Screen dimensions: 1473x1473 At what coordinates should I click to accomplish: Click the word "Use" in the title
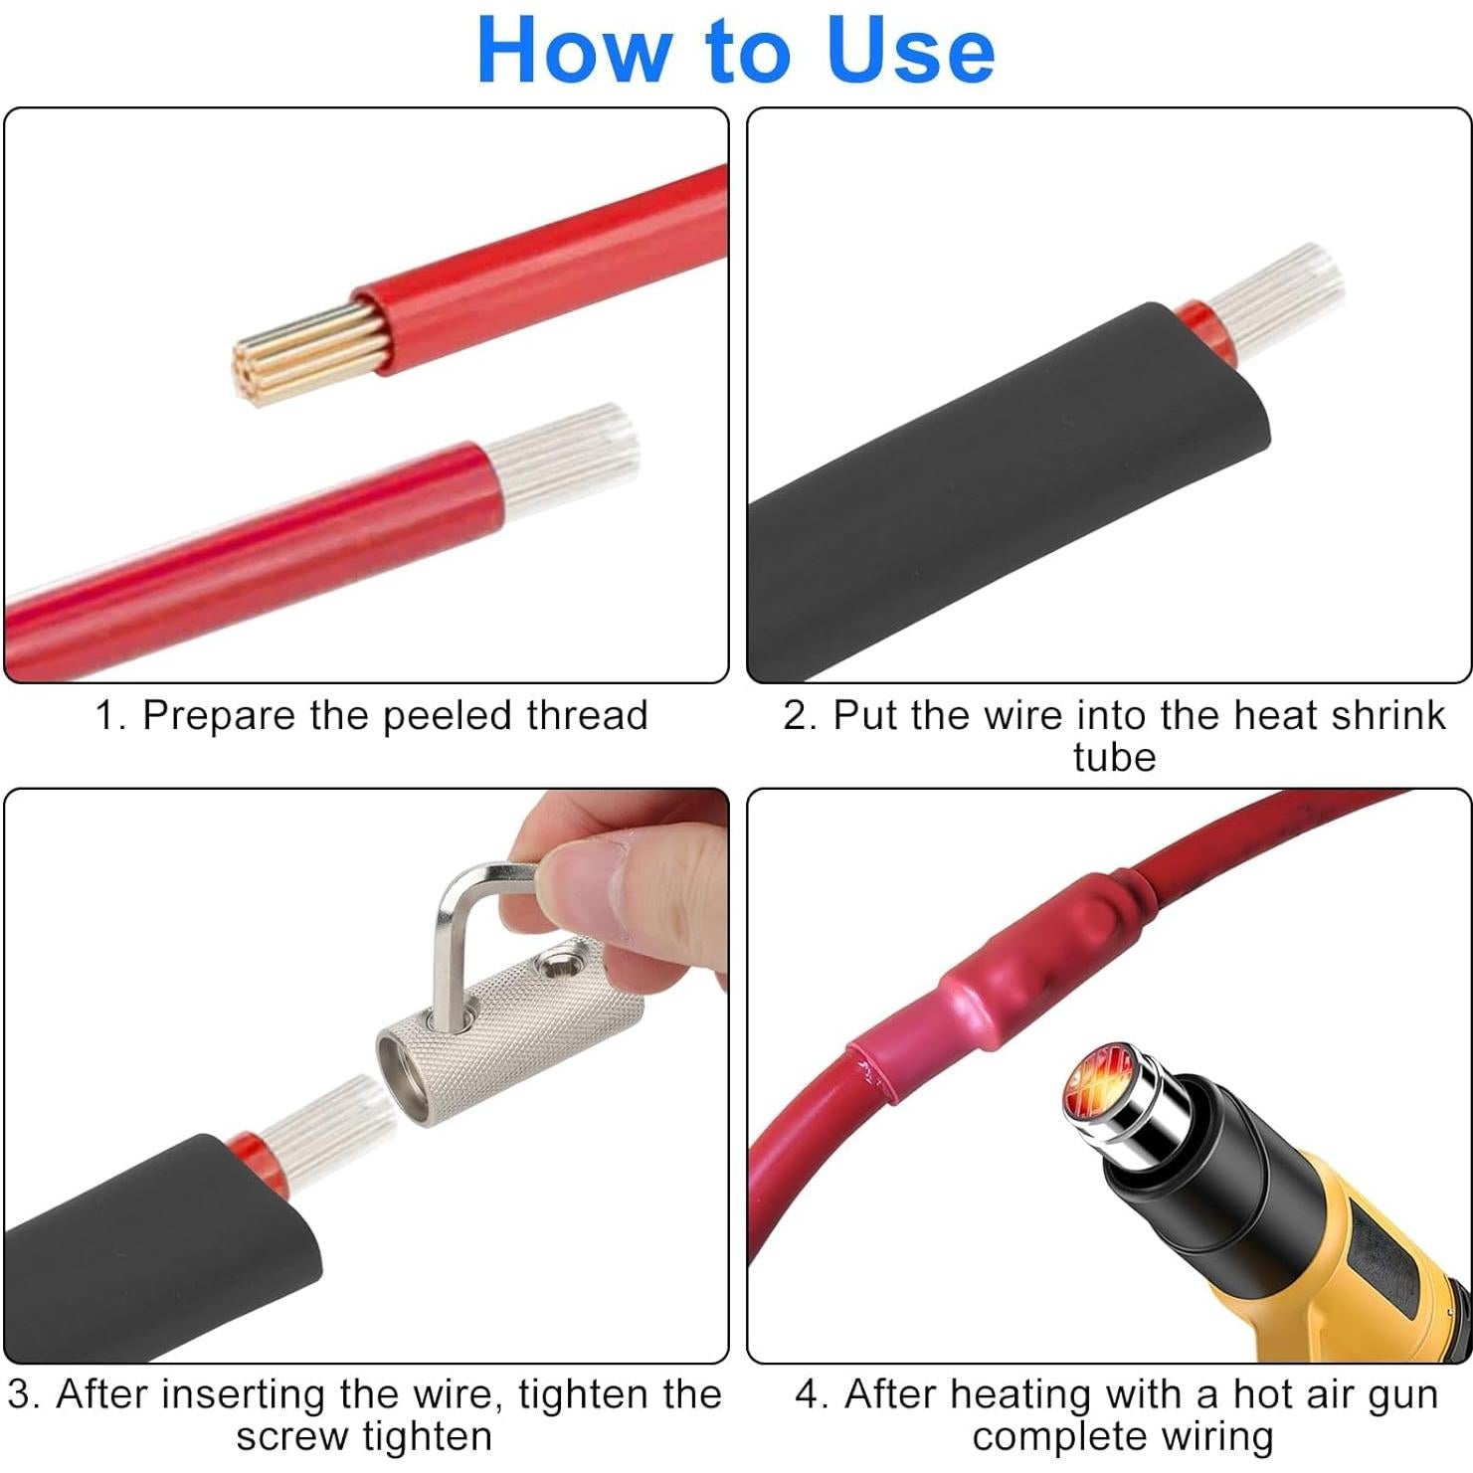pyautogui.click(x=909, y=51)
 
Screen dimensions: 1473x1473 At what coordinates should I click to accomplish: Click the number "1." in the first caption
pyautogui.click(x=110, y=715)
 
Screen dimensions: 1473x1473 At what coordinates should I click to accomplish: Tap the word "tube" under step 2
pyautogui.click(x=1114, y=757)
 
